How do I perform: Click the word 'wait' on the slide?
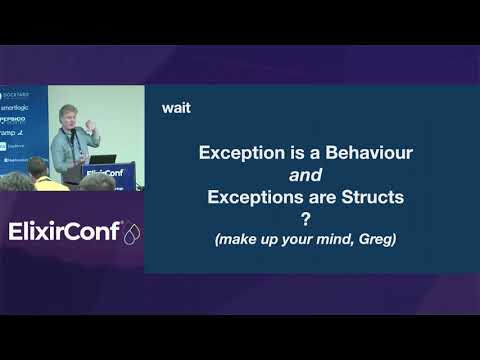[176, 108]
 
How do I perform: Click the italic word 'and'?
[305, 176]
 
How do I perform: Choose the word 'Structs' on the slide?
[370, 198]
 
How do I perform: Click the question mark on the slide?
[306, 220]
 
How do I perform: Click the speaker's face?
[71, 117]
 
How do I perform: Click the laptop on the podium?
[103, 160]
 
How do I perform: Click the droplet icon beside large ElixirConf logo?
[131, 232]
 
